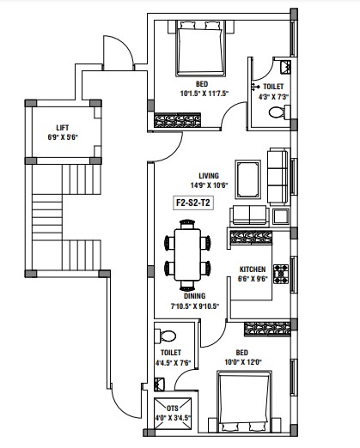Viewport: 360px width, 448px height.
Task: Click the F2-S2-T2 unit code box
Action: pos(193,203)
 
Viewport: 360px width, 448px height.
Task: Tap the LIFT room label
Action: pos(63,128)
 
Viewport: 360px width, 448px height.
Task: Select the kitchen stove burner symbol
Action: pos(281,274)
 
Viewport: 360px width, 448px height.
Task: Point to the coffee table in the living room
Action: pos(247,179)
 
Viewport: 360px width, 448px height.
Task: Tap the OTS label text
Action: pos(173,409)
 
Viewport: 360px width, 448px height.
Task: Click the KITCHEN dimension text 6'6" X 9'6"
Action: pos(253,279)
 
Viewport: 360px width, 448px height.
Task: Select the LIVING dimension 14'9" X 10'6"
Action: pos(209,185)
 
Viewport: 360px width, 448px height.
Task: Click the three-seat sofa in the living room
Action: pos(278,177)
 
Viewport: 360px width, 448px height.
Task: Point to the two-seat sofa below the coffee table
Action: pos(249,215)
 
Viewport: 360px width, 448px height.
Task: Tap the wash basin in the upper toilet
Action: pos(285,68)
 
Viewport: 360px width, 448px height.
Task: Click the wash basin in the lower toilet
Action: pos(159,384)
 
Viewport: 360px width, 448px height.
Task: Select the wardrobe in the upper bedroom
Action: pos(177,120)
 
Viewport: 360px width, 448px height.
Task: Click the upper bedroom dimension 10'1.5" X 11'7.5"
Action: pos(204,94)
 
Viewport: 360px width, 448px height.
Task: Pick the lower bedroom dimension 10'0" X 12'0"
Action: pos(243,362)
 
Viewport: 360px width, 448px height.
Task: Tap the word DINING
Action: pos(194,296)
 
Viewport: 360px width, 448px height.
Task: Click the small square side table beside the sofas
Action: pos(281,217)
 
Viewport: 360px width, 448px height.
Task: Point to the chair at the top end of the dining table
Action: pos(187,224)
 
